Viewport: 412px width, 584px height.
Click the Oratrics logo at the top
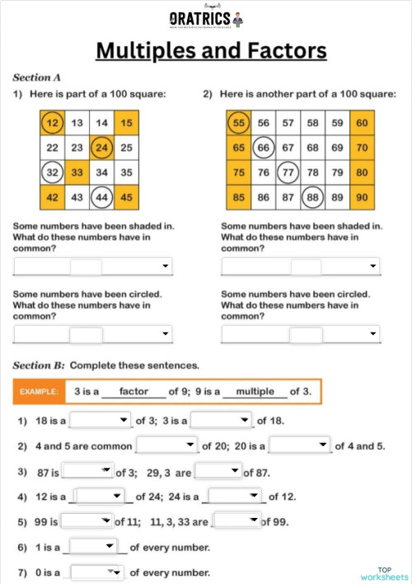pyautogui.click(x=206, y=18)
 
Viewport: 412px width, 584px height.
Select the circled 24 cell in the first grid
pyautogui.click(x=101, y=148)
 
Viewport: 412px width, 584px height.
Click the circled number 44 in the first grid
pyautogui.click(x=101, y=197)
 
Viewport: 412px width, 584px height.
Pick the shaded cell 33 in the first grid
pyautogui.click(x=77, y=172)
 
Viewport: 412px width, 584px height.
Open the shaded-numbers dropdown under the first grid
pyautogui.click(x=93, y=266)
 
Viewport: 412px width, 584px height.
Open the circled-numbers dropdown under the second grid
pyautogui.click(x=301, y=334)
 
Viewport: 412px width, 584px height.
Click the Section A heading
pyautogui.click(x=37, y=78)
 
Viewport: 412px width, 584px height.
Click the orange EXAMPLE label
pyautogui.click(x=39, y=391)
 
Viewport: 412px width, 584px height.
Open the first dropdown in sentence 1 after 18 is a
pyautogui.click(x=101, y=421)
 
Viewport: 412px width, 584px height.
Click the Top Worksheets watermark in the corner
pyautogui.click(x=384, y=573)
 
